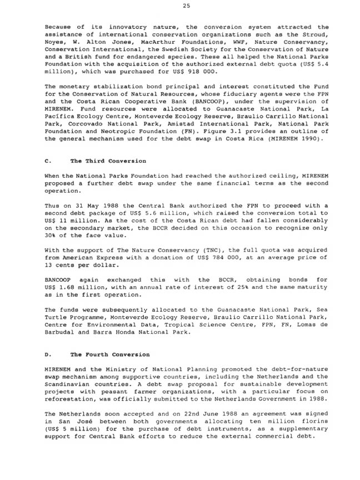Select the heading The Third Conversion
coord(108,161)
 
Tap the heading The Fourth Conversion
coord(109,354)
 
